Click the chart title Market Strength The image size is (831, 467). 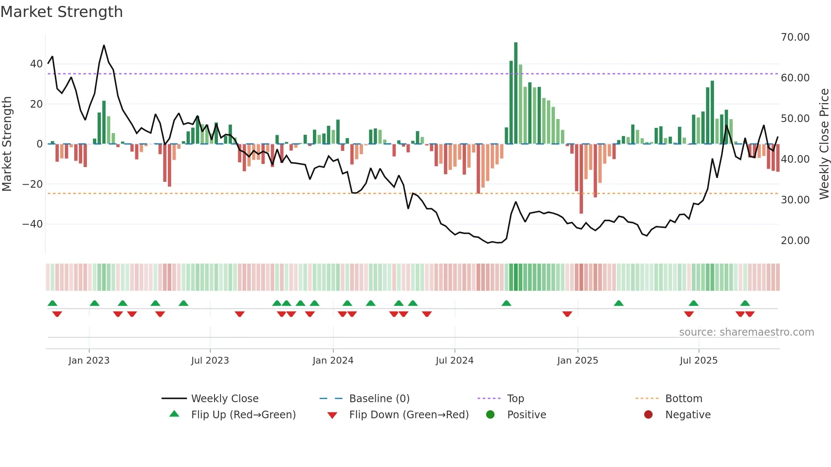[x=61, y=12]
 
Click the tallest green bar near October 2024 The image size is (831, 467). [x=516, y=93]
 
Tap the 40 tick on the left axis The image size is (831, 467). [x=36, y=64]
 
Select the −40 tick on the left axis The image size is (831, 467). [x=33, y=224]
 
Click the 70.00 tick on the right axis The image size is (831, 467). [x=795, y=37]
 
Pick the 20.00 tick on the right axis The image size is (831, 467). [x=795, y=241]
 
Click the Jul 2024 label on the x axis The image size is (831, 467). [x=455, y=361]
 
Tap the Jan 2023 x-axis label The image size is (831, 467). [x=89, y=361]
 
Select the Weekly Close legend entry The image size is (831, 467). [x=224, y=399]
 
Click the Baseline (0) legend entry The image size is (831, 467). [x=379, y=399]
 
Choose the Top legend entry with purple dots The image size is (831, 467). [x=515, y=399]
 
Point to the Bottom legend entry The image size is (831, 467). [x=683, y=399]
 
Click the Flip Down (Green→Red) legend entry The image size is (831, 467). [x=408, y=415]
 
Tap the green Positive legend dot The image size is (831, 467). [x=491, y=415]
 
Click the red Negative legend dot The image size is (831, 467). [x=648, y=415]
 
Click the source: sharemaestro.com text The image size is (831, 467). [x=746, y=332]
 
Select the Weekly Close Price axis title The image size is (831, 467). [x=824, y=144]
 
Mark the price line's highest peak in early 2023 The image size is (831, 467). [x=104, y=45]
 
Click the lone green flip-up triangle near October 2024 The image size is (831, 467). [x=506, y=303]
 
